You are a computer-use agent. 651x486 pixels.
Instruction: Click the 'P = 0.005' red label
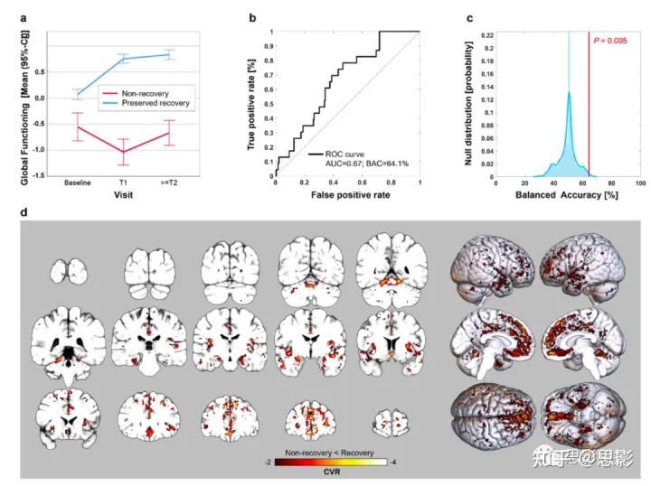(x=612, y=41)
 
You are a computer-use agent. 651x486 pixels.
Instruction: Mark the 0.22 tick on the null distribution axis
(x=486, y=33)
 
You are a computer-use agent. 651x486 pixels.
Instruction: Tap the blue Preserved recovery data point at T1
(x=124, y=59)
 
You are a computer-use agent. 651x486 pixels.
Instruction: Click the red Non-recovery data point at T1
(x=124, y=152)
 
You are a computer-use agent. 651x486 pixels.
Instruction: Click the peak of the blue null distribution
(x=569, y=91)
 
